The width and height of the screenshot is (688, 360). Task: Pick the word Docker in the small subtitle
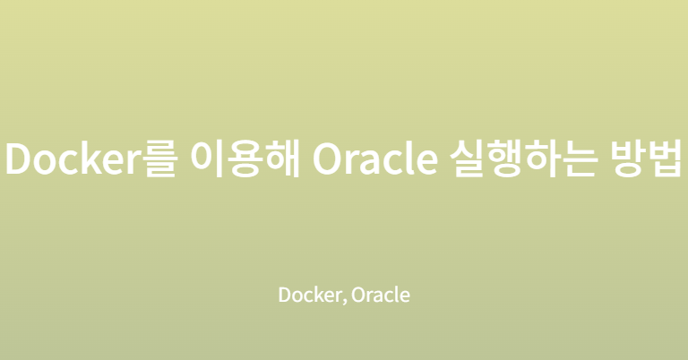click(310, 295)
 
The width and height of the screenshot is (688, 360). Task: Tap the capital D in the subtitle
click(285, 295)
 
